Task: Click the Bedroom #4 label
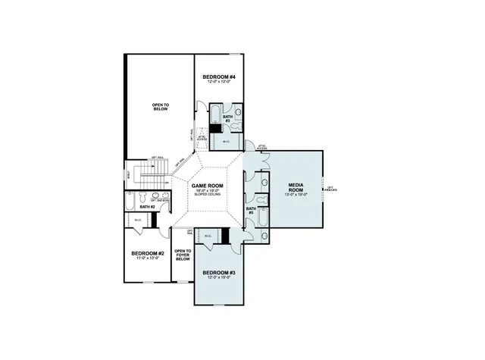pyautogui.click(x=220, y=77)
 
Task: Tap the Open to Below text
pyautogui.click(x=159, y=107)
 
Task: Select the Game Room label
pyautogui.click(x=207, y=186)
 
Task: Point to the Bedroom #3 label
pyautogui.click(x=220, y=272)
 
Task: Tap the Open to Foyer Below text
pyautogui.click(x=183, y=254)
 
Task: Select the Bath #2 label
pyautogui.click(x=147, y=207)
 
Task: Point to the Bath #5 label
pyautogui.click(x=251, y=211)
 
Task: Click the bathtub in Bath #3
pyautogui.click(x=215, y=114)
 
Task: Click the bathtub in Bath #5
pyautogui.click(x=262, y=221)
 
